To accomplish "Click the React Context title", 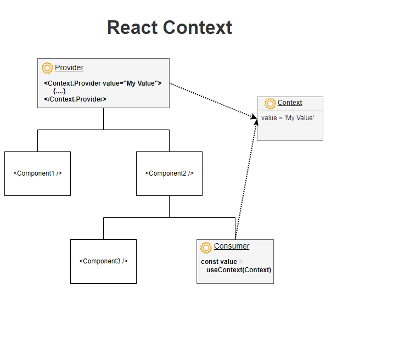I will [170, 27].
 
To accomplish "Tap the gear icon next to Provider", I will [47, 68].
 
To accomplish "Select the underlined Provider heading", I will [69, 67].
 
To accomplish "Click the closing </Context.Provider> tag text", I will [75, 99].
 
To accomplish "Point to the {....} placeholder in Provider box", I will [59, 91].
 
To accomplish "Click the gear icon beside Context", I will [270, 103].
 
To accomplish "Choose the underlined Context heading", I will [290, 103].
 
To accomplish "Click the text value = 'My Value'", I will [288, 117].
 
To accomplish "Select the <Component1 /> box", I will [37, 173].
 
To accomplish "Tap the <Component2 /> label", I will [169, 173].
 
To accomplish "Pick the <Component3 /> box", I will [103, 261].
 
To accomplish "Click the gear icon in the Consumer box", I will [206, 247].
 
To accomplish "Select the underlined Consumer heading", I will [232, 246].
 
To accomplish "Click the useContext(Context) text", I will [239, 270].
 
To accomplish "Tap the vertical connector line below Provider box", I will [103, 119].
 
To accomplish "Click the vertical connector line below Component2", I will [169, 206].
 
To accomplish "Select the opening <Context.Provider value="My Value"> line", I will [103, 83].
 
